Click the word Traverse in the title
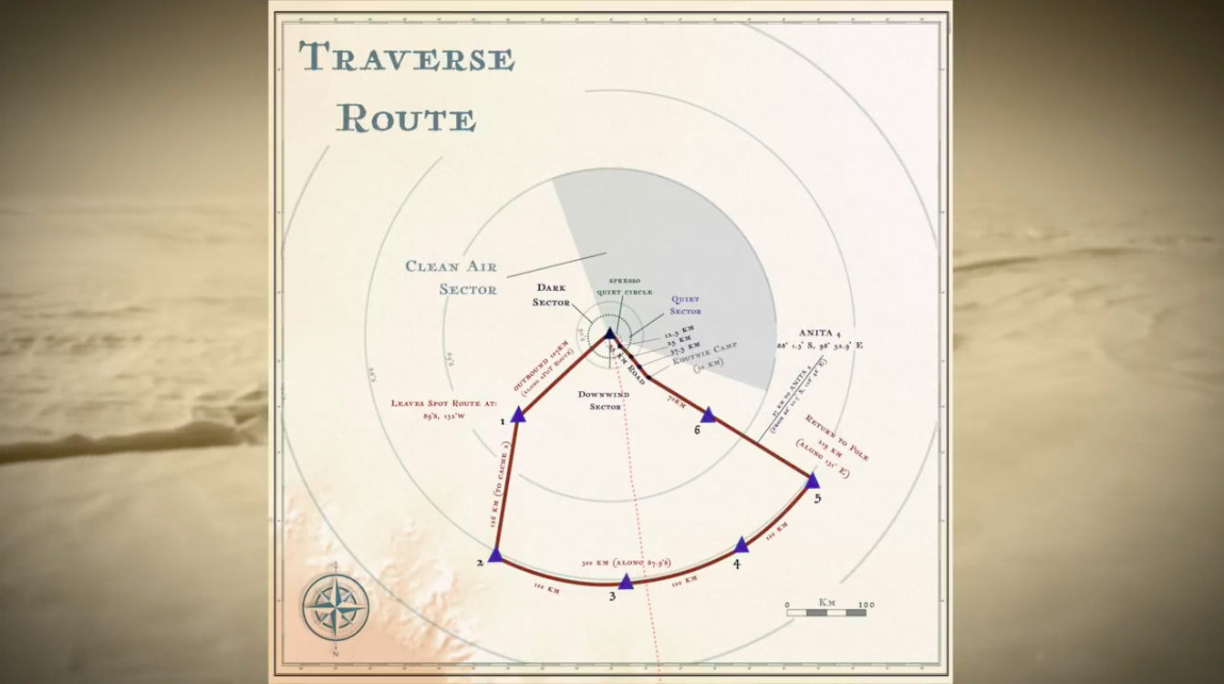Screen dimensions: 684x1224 coord(407,58)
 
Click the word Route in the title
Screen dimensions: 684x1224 coord(407,119)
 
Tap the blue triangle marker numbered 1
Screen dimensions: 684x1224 coord(518,415)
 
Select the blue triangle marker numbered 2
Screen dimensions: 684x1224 coord(495,555)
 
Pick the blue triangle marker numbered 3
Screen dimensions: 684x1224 coord(626,581)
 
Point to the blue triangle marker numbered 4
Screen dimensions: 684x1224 coord(742,545)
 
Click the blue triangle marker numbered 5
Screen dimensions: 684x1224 coord(813,481)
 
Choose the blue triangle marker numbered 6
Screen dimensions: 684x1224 coord(708,415)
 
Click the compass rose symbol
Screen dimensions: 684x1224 coord(336,606)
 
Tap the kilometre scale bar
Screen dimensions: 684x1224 coord(826,612)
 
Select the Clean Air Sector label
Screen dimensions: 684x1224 coord(451,277)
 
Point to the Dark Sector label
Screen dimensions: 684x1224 coord(551,295)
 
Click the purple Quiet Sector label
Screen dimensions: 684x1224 coord(686,305)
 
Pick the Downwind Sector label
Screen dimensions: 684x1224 coord(605,400)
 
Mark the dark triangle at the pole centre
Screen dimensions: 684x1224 coord(609,335)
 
